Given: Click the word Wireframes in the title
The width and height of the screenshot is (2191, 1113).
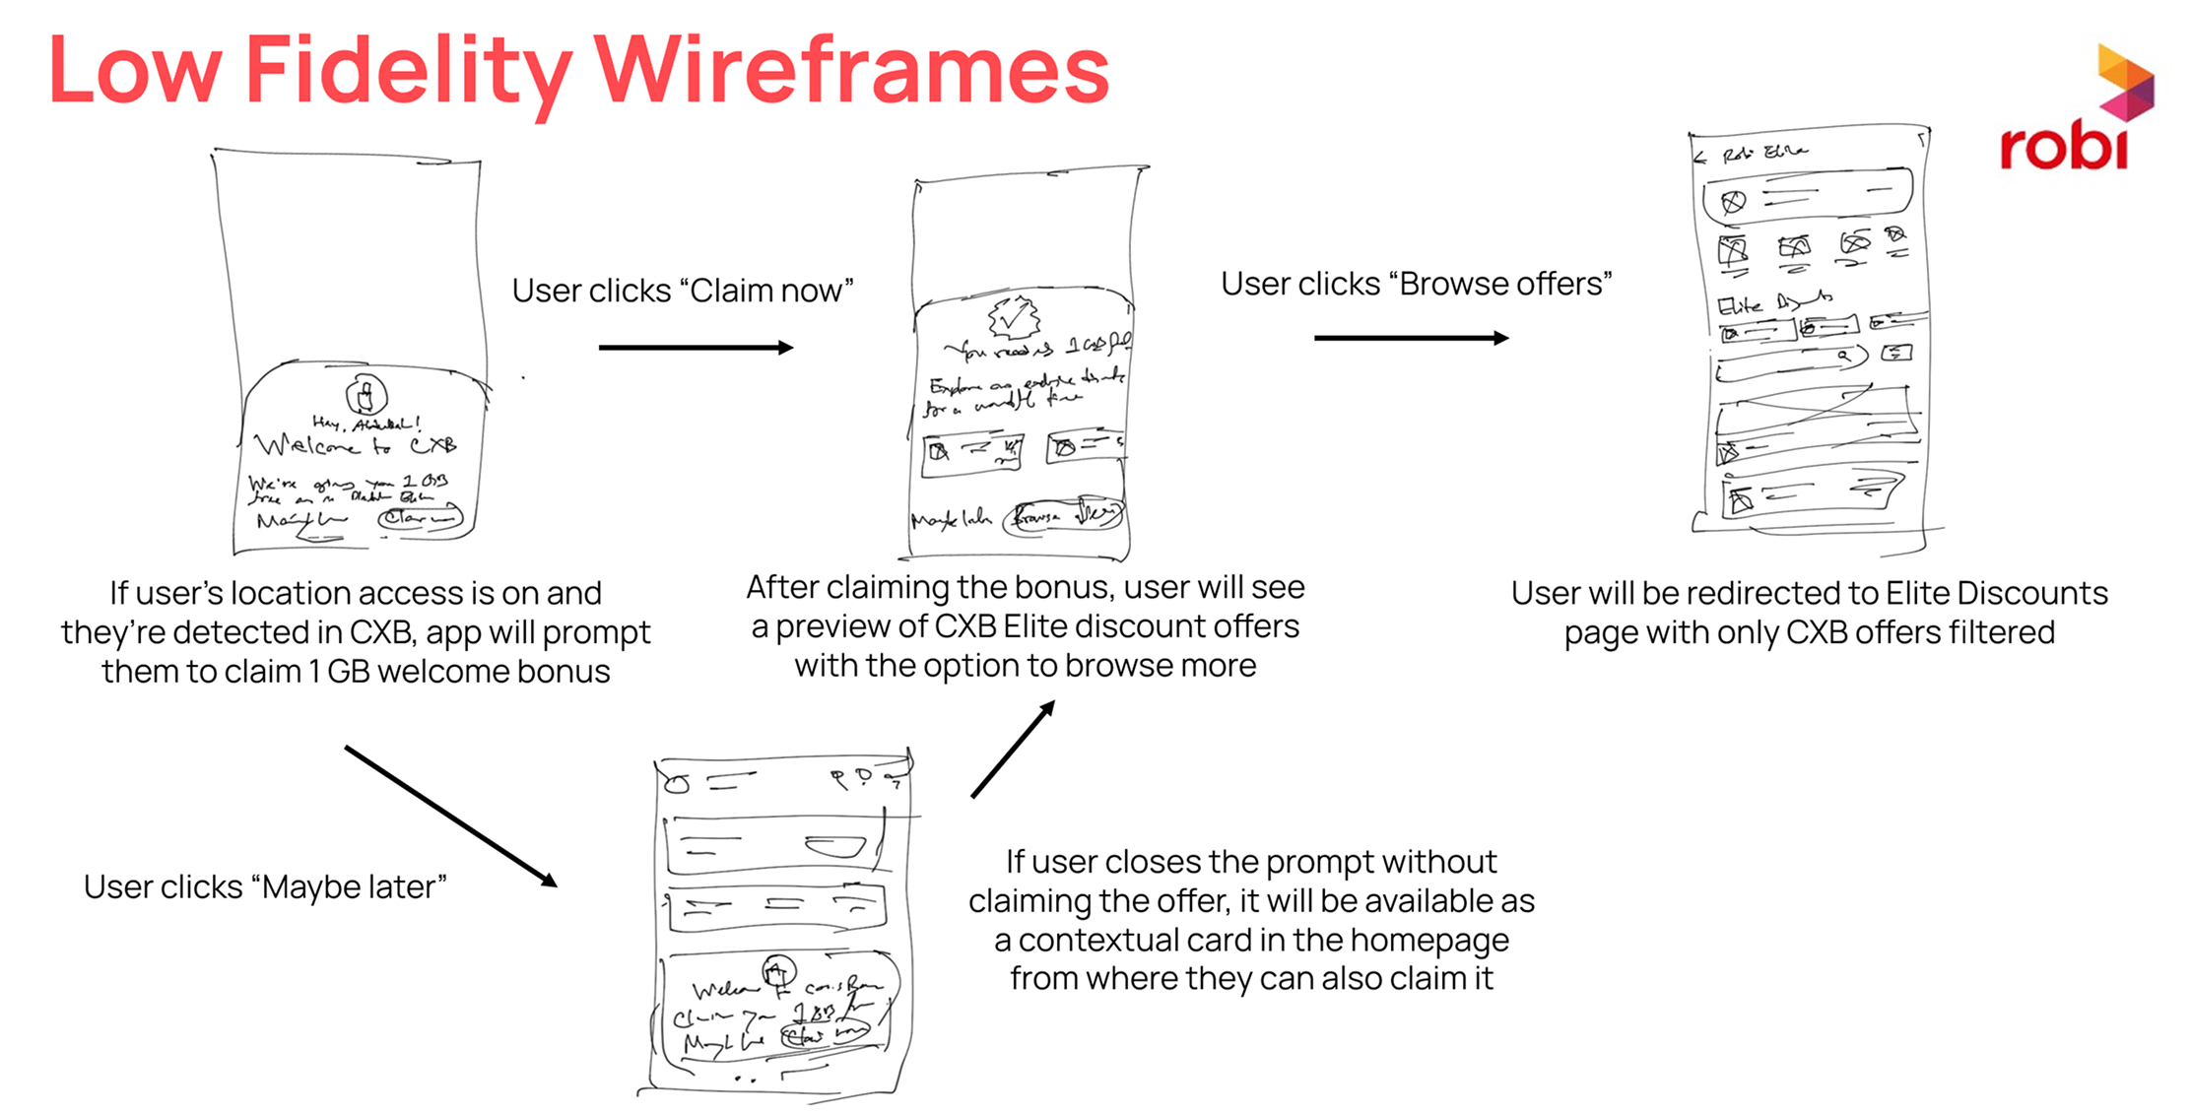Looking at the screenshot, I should [852, 71].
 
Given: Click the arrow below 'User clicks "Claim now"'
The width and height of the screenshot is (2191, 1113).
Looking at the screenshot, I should [696, 347].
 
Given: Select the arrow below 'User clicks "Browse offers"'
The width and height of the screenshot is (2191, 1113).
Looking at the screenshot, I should [1411, 338].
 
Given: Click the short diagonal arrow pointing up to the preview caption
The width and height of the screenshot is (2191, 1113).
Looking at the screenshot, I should [1013, 749].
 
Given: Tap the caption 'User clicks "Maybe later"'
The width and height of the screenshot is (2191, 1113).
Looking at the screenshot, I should [265, 886].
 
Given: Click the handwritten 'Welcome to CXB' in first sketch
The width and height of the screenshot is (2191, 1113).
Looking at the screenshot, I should [355, 446].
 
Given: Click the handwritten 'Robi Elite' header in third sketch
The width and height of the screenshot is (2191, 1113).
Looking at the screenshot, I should [1764, 154].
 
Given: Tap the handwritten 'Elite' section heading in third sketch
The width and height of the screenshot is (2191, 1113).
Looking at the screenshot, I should [1740, 304].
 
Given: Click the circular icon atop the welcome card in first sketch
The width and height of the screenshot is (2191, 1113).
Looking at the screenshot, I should [365, 396].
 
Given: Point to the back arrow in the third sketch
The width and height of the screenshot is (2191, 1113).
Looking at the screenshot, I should [1699, 157].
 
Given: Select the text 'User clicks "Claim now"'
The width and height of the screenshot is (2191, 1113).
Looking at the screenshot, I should [682, 291].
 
